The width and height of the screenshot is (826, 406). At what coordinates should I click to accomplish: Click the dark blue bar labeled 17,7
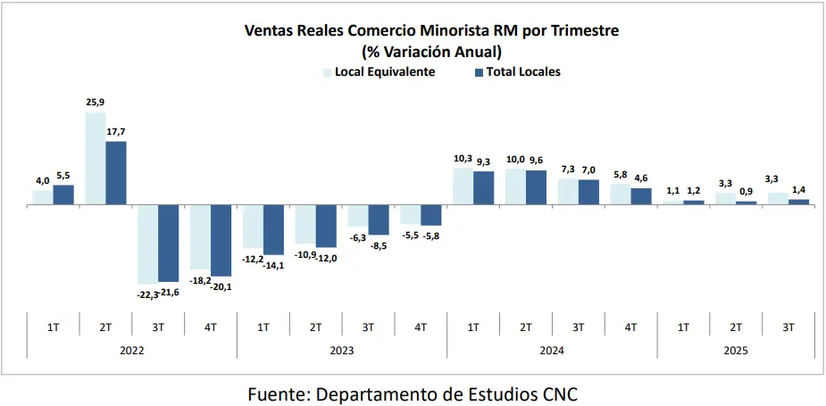click(x=116, y=173)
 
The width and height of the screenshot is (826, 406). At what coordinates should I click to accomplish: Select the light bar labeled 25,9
click(x=95, y=159)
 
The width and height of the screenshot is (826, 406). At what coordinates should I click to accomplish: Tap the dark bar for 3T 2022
click(x=168, y=243)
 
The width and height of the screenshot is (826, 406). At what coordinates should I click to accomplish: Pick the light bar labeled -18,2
click(x=200, y=236)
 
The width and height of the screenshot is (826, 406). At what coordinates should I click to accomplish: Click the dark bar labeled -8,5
click(x=379, y=220)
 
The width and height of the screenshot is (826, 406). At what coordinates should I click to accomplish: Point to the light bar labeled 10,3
click(x=463, y=186)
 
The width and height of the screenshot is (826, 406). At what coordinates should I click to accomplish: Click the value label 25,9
click(x=96, y=104)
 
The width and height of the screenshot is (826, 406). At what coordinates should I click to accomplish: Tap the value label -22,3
click(x=146, y=294)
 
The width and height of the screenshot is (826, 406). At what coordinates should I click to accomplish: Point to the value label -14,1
click(x=273, y=264)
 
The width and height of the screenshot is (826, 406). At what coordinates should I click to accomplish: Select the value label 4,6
click(x=641, y=179)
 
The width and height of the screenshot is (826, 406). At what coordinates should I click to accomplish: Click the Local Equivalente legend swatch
click(x=327, y=72)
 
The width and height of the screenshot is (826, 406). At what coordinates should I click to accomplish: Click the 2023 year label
click(x=341, y=351)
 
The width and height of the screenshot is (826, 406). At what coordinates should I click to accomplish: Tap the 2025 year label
click(x=736, y=351)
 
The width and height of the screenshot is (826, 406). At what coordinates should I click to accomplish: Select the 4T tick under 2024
click(x=630, y=327)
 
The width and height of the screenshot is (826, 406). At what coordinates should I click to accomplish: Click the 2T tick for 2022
click(x=105, y=327)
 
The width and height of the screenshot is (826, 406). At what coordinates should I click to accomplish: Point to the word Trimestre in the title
click(x=575, y=30)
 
